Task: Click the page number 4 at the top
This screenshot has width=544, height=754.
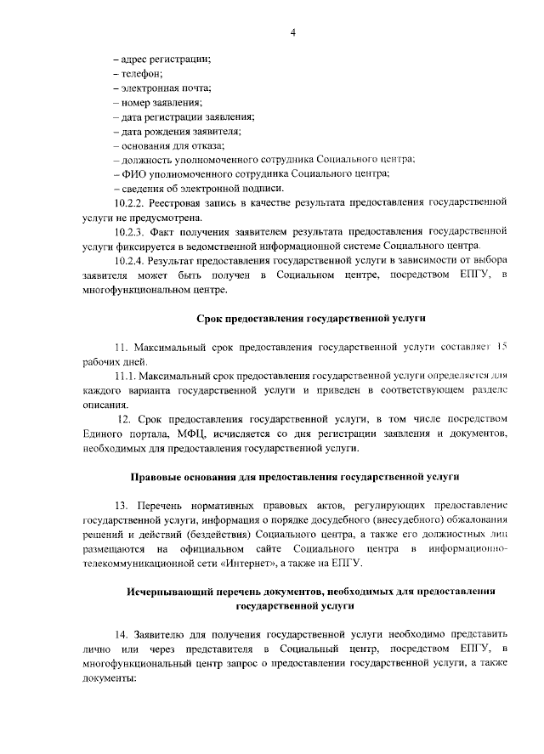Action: [x=292, y=32]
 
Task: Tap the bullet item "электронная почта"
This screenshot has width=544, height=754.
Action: [x=165, y=88]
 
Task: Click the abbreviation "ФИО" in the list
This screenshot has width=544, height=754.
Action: [x=133, y=173]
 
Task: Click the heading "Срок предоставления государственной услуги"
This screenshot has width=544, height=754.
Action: [x=305, y=318]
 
